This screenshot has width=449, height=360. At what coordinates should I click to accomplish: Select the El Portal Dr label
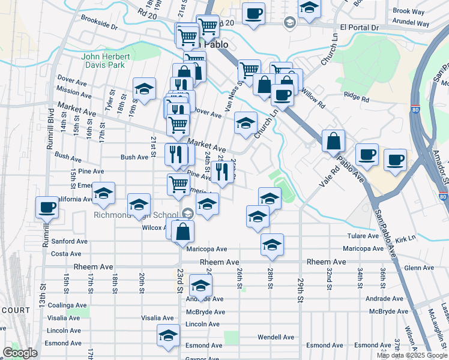coord(360,28)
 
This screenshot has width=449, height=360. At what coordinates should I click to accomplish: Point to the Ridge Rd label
coord(357,94)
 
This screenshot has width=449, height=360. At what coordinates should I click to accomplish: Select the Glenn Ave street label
coord(418,268)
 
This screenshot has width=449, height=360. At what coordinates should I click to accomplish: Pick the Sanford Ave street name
coord(70,241)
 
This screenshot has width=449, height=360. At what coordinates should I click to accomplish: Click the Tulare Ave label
coord(365,236)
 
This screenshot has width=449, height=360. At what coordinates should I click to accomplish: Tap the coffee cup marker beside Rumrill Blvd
coord(47,208)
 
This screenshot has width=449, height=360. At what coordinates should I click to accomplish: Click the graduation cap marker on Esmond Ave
coord(168,335)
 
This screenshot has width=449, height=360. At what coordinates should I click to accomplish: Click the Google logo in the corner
coord(20,353)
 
